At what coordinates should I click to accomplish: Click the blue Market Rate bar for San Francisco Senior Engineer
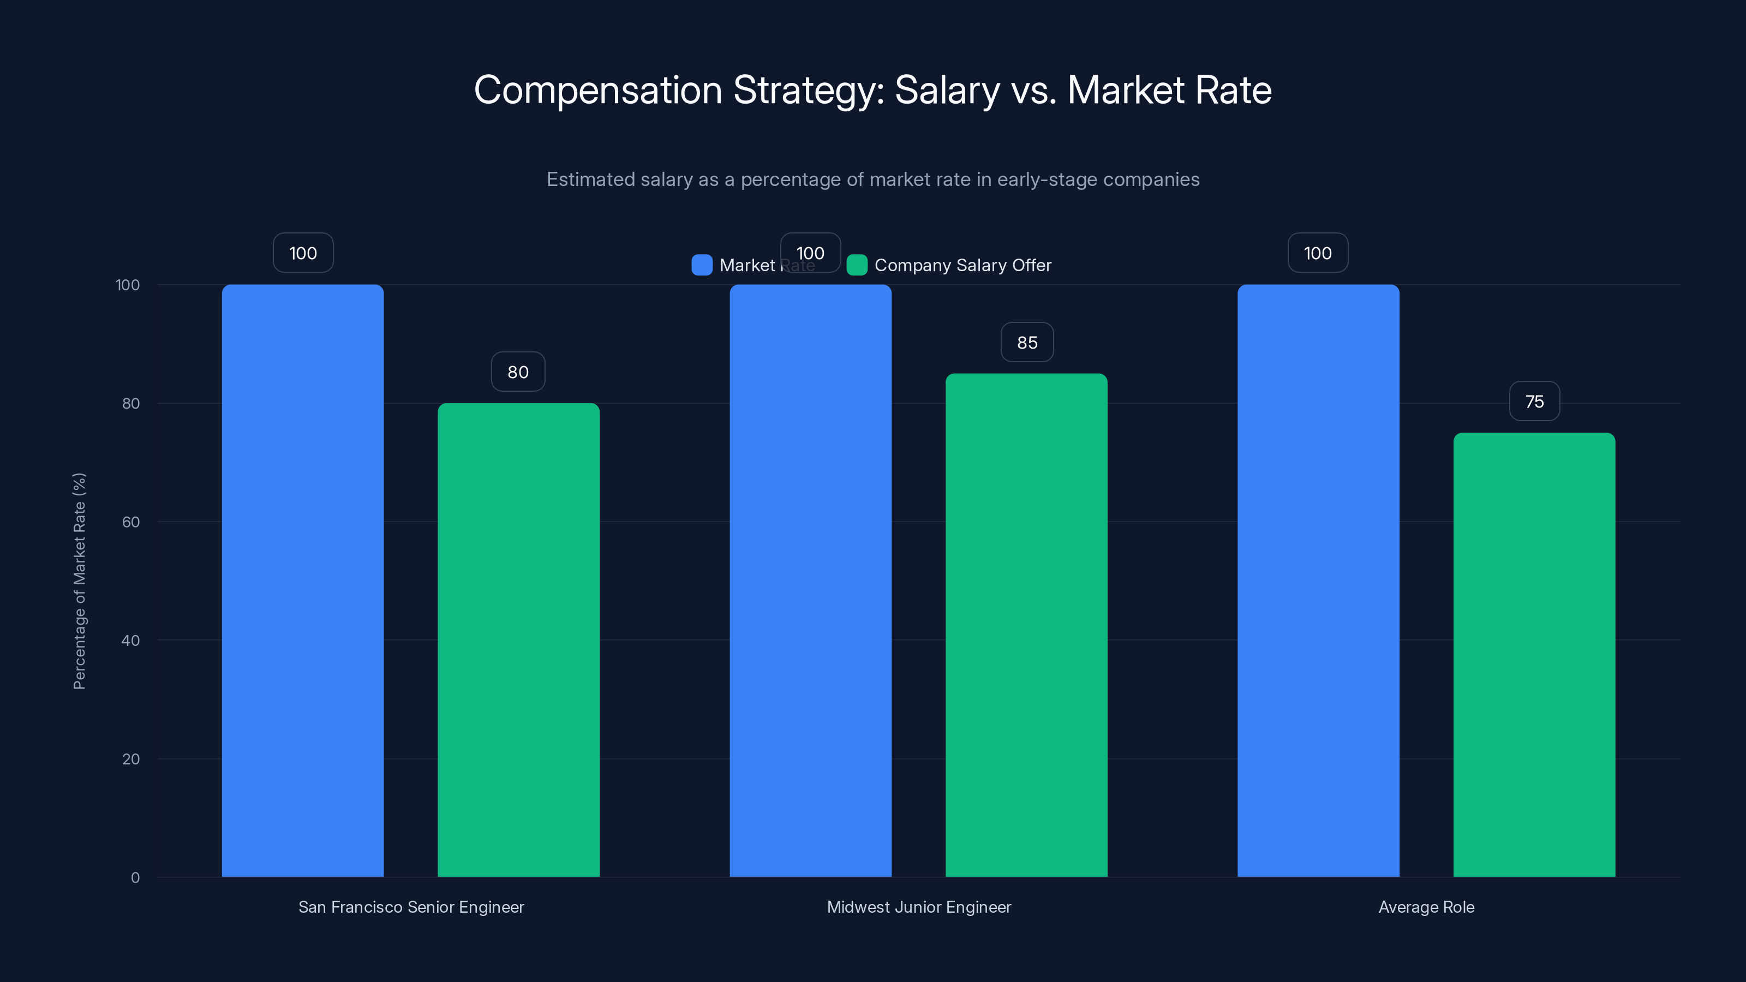302,580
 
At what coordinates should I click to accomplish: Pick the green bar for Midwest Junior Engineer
1026,624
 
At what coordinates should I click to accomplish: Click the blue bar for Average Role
1318,580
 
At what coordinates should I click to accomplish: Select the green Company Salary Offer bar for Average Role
1534,654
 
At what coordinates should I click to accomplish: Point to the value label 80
518,372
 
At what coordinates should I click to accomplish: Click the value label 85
1027,343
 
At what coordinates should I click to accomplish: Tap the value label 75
1534,402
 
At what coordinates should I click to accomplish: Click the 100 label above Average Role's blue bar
1317,254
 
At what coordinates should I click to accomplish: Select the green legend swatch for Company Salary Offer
857,265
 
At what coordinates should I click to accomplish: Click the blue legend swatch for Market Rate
702,265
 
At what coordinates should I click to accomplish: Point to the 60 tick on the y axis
131,522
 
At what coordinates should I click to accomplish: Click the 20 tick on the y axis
131,759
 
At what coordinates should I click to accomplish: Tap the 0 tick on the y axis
135,878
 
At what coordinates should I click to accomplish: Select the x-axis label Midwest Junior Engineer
918,907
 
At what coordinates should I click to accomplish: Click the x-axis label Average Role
1426,907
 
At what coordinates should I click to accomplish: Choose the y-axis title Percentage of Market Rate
79,581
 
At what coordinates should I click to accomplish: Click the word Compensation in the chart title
598,90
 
